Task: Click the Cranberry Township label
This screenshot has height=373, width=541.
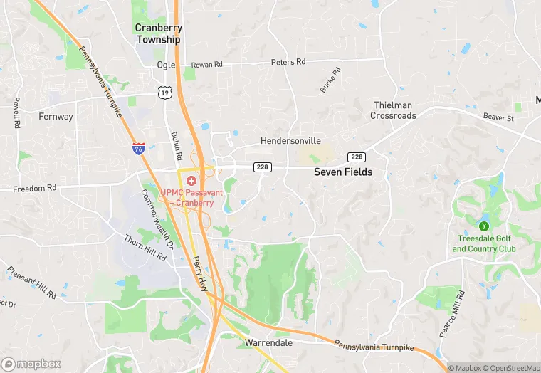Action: (159, 34)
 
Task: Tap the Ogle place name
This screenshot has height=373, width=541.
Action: (165, 65)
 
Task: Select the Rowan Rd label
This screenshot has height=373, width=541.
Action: (207, 64)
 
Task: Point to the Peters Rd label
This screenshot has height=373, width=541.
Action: (288, 62)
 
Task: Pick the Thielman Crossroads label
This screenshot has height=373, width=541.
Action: (394, 110)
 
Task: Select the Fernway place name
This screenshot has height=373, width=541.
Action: (56, 116)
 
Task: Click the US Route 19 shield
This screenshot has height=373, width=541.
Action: (164, 93)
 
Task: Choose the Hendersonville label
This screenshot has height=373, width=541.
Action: (290, 141)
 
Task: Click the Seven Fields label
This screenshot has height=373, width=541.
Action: (343, 172)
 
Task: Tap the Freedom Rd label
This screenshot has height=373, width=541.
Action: (34, 189)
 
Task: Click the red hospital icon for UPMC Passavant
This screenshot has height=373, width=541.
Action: (191, 182)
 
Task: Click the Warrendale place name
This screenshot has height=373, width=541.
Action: (268, 342)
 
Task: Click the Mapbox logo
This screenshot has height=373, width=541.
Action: (31, 364)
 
